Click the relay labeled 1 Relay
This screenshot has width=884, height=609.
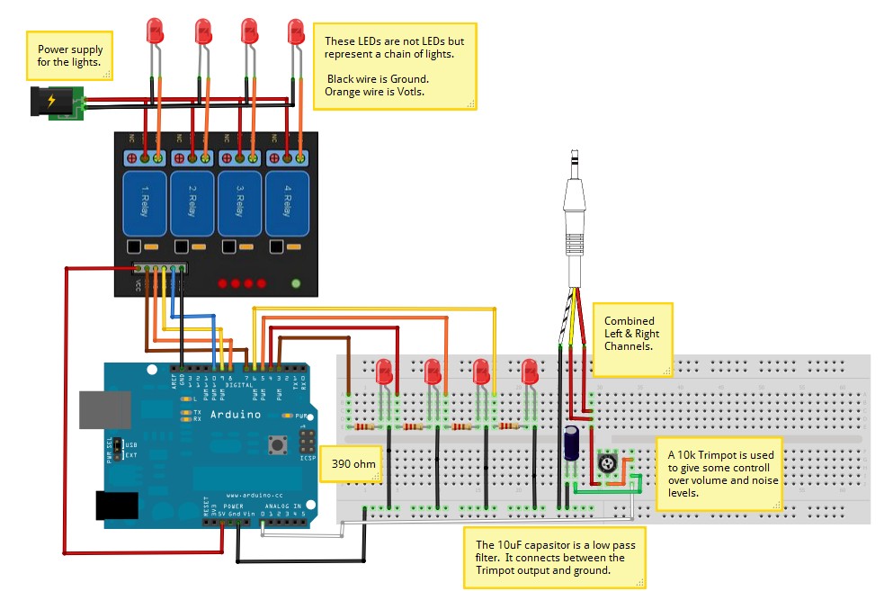pyautogui.click(x=145, y=203)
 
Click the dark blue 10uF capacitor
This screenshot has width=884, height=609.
pyautogui.click(x=571, y=445)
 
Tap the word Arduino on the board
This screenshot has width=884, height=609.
pyautogui.click(x=235, y=415)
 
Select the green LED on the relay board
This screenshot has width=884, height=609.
pyautogui.click(x=296, y=283)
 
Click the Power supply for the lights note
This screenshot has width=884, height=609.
pyautogui.click(x=69, y=56)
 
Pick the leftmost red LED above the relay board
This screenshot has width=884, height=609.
pyautogui.click(x=155, y=33)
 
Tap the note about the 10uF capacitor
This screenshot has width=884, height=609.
pyautogui.click(x=555, y=557)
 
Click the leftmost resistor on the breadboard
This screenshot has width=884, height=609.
pyautogui.click(x=364, y=427)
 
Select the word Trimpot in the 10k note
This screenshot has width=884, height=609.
pyautogui.click(x=717, y=454)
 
